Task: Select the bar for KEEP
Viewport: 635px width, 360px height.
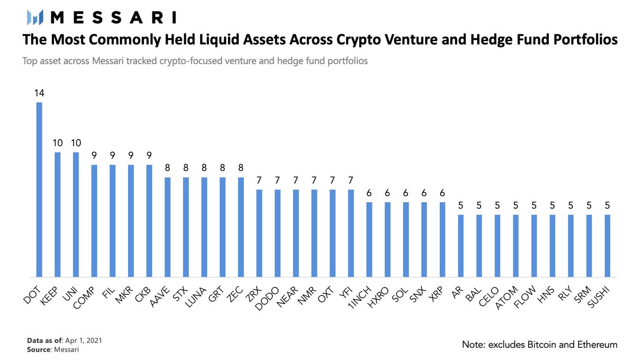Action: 57,214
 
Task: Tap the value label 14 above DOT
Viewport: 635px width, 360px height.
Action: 39,93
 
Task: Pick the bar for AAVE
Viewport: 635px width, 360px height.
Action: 167,227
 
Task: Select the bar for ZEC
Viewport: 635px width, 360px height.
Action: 241,227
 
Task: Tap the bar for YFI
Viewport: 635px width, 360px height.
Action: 350,233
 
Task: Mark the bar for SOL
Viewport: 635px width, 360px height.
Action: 405,239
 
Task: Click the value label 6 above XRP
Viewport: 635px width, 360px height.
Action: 442,193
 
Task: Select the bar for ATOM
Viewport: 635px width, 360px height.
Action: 515,246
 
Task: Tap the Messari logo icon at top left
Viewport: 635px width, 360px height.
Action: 35,18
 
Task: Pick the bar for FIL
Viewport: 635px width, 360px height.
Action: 112,221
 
